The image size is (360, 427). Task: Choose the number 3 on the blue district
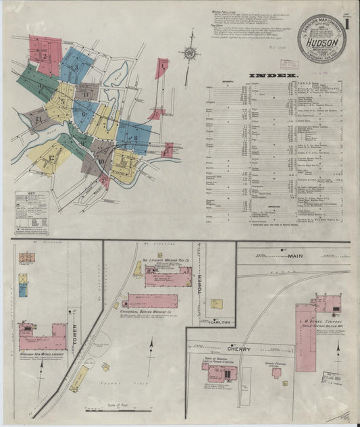tap(76, 67)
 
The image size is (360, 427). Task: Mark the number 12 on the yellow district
tap(51, 158)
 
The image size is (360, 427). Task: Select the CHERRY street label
tap(238, 349)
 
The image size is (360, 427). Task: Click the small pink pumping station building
tap(277, 372)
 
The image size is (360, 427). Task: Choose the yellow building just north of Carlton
tap(217, 305)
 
